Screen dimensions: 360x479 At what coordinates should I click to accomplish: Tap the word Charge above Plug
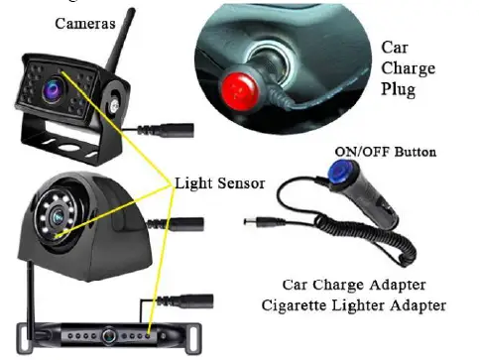tap(407, 67)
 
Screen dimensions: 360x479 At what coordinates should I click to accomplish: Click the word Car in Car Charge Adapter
tap(297, 285)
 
